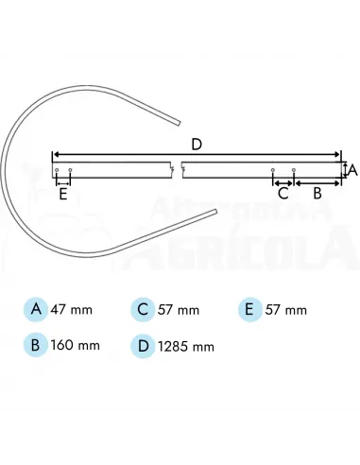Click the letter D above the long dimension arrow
pyautogui.click(x=197, y=144)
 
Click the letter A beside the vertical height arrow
pyautogui.click(x=352, y=170)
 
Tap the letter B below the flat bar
pyautogui.click(x=317, y=192)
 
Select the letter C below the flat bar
pyautogui.click(x=283, y=193)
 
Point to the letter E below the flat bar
pyautogui.click(x=63, y=195)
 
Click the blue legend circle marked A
pyautogui.click(x=35, y=309)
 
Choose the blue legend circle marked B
pyautogui.click(x=35, y=345)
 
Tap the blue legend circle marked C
pyautogui.click(x=142, y=309)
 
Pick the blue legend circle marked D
pyautogui.click(x=142, y=345)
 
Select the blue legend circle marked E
pyautogui.click(x=249, y=309)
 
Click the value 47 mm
pyautogui.click(x=68, y=310)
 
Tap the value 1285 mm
pyautogui.click(x=184, y=346)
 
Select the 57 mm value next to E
pyautogui.click(x=283, y=310)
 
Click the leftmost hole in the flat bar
pyautogui.click(x=58, y=171)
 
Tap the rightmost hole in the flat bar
pyautogui.click(x=294, y=171)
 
